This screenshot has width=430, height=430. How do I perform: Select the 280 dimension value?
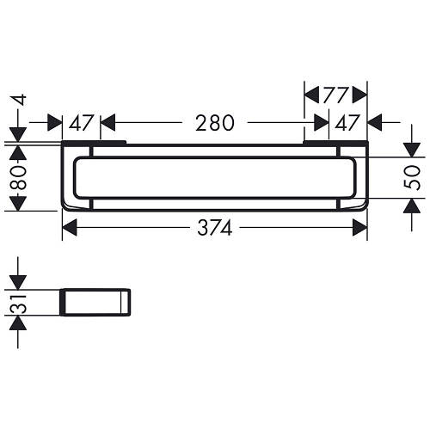213,123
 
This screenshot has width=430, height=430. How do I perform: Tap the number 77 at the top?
335,94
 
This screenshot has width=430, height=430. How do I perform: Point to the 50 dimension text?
412,178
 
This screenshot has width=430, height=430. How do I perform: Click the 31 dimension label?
18,302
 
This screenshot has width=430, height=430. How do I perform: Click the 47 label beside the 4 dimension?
81,123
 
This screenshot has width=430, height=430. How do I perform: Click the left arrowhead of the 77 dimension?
310,94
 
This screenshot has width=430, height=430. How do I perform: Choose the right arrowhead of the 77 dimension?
362,94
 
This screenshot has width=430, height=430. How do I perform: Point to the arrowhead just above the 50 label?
412,151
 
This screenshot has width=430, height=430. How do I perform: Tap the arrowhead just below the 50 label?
412,204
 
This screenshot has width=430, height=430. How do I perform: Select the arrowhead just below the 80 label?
18,205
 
